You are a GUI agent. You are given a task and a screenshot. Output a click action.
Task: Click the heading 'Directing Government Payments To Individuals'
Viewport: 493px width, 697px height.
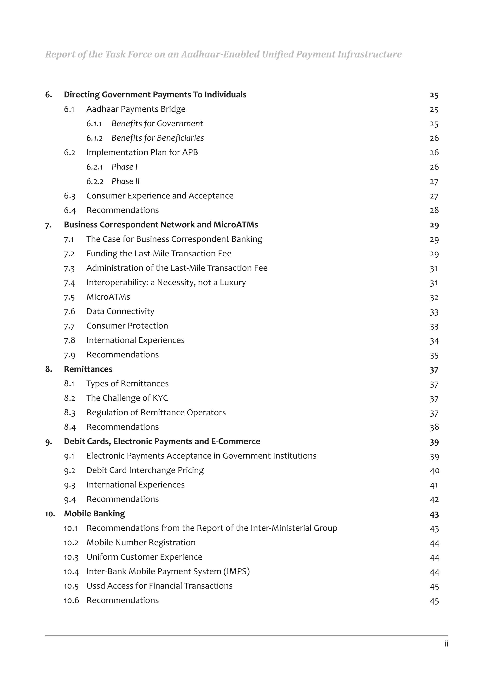[155, 95]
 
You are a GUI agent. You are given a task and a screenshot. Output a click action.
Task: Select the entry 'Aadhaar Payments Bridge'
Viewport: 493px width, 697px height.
[136, 109]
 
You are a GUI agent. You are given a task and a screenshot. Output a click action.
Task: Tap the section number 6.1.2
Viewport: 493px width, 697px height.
[94, 138]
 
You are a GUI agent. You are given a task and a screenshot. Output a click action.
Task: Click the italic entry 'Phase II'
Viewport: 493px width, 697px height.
[125, 182]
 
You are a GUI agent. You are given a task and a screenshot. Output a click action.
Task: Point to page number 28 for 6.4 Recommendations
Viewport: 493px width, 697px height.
[434, 210]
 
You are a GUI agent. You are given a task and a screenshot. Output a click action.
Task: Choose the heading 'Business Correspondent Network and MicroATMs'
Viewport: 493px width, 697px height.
[161, 225]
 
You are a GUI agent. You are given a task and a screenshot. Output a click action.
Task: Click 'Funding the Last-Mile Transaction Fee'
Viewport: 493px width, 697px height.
[159, 253]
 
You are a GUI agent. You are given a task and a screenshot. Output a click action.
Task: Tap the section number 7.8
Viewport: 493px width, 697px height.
[69, 340]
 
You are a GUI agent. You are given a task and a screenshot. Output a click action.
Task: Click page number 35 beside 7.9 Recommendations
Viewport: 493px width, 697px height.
[434, 355]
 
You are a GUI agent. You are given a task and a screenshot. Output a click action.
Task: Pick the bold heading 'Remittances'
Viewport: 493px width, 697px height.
[88, 369]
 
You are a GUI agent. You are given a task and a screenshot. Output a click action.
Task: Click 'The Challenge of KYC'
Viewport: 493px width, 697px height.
[127, 398]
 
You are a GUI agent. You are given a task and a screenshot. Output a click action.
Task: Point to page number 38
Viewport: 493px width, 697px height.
[434, 427]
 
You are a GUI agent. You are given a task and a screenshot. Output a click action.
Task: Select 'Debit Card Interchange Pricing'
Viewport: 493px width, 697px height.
[145, 470]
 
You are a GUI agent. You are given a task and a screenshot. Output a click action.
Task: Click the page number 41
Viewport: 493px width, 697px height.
[434, 485]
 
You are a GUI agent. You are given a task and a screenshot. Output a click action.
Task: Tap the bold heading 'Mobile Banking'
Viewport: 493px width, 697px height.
[94, 514]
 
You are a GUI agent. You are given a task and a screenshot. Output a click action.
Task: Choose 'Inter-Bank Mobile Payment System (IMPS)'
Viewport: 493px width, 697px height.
[168, 572]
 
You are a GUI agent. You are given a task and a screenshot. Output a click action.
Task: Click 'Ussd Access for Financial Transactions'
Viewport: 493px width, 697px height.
[159, 586]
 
